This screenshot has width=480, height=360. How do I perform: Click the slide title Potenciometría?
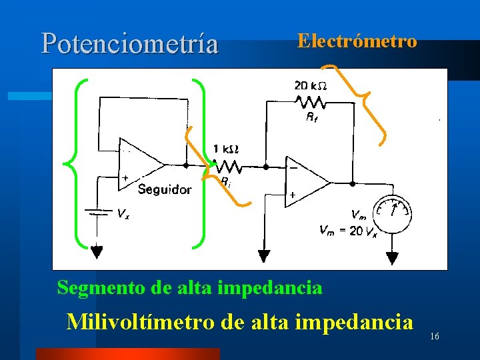pos(129,43)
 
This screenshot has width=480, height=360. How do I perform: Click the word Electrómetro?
pos(357,41)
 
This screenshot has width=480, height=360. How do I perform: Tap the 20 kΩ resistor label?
pos(310,86)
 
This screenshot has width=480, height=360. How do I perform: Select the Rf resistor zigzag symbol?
pos(311,102)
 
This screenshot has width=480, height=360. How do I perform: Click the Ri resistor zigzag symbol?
pos(228,165)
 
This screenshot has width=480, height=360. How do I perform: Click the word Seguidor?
pos(164,189)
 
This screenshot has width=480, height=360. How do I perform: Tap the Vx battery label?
pos(123,214)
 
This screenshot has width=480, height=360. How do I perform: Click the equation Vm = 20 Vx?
pos(349,231)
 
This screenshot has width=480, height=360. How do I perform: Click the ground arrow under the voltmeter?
pos(392,256)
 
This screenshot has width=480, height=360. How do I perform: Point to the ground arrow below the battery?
pos(97,252)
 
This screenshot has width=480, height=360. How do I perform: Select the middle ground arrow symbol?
pos(265,256)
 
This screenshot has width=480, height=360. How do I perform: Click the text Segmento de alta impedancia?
pos(189,288)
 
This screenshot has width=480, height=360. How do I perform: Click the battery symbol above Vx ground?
pos(97,213)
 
